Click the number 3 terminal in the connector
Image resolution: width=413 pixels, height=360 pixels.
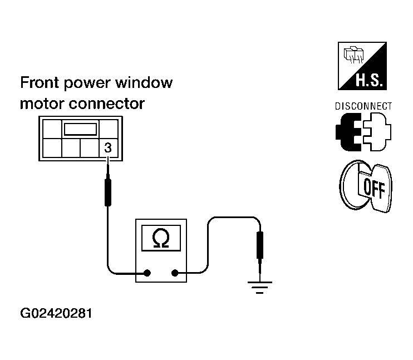click(108, 147)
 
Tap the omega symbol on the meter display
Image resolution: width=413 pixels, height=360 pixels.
click(161, 238)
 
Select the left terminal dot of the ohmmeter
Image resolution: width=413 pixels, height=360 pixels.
click(147, 273)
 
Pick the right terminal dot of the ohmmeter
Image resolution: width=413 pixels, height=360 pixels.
click(175, 273)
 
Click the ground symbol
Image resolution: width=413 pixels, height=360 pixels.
click(260, 287)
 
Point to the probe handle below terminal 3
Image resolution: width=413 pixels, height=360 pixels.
click(108, 192)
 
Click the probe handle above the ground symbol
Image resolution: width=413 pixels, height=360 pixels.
click(260, 245)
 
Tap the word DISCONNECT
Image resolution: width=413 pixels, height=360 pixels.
click(363, 106)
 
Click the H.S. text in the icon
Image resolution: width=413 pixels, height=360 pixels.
click(368, 80)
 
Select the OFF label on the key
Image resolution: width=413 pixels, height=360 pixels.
click(374, 188)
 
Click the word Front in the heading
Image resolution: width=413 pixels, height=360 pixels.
click(40, 82)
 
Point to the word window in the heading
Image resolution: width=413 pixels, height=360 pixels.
click(144, 82)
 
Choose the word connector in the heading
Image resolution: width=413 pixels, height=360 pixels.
click(107, 103)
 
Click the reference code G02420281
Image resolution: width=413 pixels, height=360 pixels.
click(56, 313)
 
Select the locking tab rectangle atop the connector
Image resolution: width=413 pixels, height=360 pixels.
click(80, 129)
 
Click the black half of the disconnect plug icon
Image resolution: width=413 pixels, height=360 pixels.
click(348, 132)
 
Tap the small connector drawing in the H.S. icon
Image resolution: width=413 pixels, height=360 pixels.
click(354, 55)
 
